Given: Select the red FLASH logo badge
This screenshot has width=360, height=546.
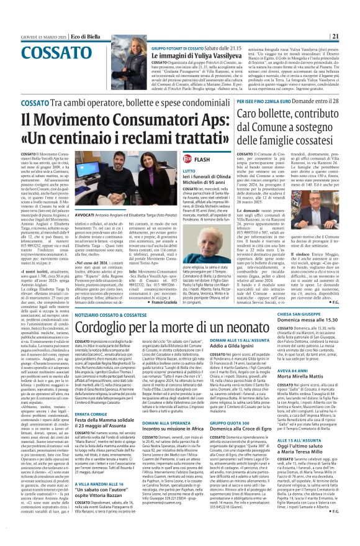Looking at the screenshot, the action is click(194, 158).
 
